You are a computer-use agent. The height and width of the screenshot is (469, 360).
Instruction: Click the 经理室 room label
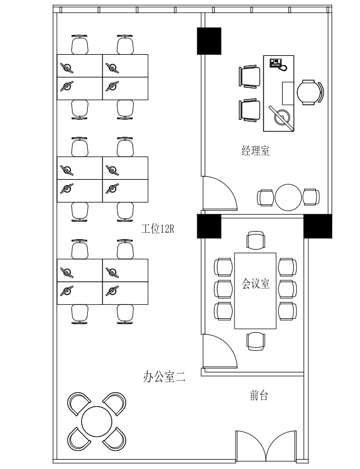click(x=255, y=151)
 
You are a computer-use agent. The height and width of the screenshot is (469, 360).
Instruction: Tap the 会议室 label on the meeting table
click(x=256, y=283)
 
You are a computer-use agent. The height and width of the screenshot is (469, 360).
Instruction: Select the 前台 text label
click(x=259, y=395)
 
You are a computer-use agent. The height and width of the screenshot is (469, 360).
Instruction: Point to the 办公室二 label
click(x=164, y=376)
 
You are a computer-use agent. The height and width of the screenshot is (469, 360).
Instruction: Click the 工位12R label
click(x=158, y=229)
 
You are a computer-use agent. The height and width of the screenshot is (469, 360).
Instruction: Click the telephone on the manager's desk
click(x=278, y=65)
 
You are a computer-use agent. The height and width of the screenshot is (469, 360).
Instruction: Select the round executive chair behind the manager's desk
click(x=310, y=93)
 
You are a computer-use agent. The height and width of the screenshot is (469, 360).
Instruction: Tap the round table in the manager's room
click(x=288, y=197)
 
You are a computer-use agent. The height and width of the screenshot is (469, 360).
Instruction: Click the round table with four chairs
click(x=97, y=421)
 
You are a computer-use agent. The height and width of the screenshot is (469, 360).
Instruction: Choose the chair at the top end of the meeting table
click(x=256, y=240)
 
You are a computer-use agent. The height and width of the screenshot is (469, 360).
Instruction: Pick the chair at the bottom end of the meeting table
click(x=256, y=342)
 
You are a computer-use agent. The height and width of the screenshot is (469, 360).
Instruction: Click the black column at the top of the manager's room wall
click(x=209, y=41)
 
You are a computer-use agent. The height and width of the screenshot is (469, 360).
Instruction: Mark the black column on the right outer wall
click(x=318, y=226)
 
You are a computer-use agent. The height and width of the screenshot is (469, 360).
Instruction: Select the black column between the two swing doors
click(x=209, y=226)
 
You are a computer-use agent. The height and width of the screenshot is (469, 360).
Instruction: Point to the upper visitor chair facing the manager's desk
click(x=249, y=77)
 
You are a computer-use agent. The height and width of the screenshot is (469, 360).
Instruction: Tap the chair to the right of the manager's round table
click(x=311, y=197)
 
